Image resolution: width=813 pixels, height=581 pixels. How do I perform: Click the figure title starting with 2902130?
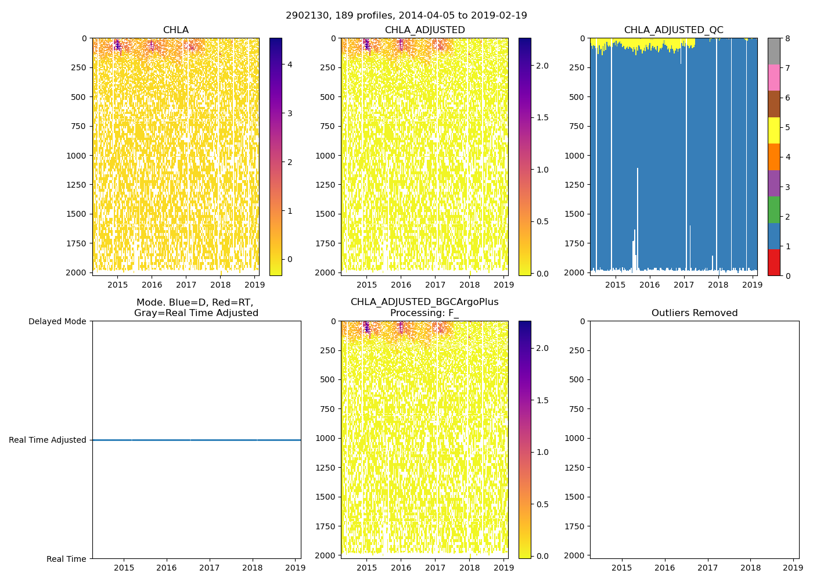(406, 16)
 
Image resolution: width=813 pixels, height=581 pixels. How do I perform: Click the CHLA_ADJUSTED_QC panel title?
(674, 30)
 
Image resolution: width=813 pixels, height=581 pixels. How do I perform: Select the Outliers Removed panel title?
(694, 313)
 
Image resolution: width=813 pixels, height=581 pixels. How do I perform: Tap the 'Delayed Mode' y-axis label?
(57, 321)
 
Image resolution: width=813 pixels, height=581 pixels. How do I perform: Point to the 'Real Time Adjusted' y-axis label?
(47, 440)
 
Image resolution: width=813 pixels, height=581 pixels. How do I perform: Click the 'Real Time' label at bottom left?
(66, 559)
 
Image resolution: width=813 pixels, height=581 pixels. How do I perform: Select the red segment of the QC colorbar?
(774, 262)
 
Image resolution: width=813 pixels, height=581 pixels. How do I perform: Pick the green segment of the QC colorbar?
(774, 210)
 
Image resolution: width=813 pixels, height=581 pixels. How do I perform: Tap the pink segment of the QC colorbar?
(774, 77)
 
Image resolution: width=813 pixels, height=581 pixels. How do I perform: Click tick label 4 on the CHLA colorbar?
(290, 64)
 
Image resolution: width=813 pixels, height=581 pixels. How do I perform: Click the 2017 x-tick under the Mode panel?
(209, 568)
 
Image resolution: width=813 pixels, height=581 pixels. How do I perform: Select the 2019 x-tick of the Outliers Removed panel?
(793, 568)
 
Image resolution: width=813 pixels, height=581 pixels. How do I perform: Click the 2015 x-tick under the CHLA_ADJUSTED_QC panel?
(615, 285)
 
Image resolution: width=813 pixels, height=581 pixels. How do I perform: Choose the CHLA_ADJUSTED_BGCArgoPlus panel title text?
(424, 302)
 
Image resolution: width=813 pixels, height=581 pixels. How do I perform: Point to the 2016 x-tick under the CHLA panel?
(152, 285)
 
